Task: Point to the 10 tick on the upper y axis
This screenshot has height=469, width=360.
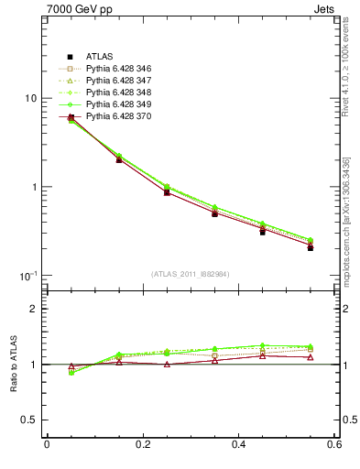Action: point(30,98)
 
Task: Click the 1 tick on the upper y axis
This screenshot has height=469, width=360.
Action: point(33,187)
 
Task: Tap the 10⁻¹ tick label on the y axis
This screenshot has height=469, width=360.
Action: point(27,275)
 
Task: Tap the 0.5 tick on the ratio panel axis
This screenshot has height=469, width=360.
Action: point(29,420)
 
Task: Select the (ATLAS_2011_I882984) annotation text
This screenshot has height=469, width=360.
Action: point(191,274)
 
